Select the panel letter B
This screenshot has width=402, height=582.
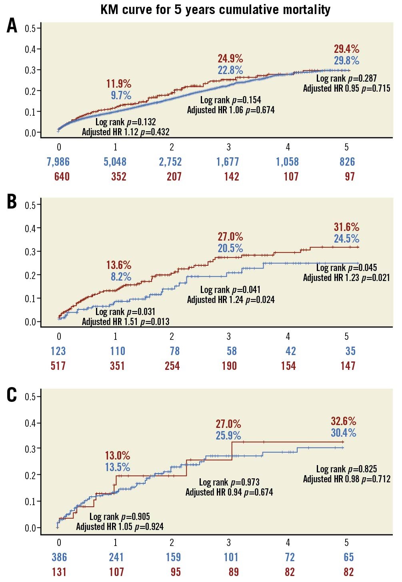pyautogui.click(x=12, y=202)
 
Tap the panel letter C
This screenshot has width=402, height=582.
pyautogui.click(x=12, y=395)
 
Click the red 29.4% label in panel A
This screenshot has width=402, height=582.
pyautogui.click(x=346, y=49)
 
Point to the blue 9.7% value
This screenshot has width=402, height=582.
pyautogui.click(x=121, y=95)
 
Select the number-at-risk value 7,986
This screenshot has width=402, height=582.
pyautogui.click(x=58, y=162)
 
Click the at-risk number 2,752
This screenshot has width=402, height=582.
pyautogui.click(x=170, y=162)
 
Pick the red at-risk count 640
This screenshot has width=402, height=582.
pyautogui.click(x=62, y=177)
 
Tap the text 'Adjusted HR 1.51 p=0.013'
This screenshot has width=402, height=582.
pyautogui.click(x=126, y=321)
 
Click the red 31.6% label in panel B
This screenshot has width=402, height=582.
pyautogui.click(x=346, y=227)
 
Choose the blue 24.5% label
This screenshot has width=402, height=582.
pyautogui.click(x=346, y=239)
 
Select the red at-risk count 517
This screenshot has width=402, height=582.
pyautogui.click(x=58, y=366)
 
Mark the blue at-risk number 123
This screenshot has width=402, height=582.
pyautogui.click(x=58, y=351)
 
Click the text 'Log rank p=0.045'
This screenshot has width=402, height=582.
pyautogui.click(x=346, y=268)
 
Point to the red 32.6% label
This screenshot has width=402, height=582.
pyautogui.click(x=343, y=421)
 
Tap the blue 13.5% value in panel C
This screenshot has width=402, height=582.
pyautogui.click(x=118, y=467)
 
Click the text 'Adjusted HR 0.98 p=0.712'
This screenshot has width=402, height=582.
pyautogui.click(x=346, y=479)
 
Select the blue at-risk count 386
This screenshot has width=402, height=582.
pyautogui.click(x=59, y=557)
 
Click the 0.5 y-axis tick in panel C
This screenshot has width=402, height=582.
pyautogui.click(x=30, y=397)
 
